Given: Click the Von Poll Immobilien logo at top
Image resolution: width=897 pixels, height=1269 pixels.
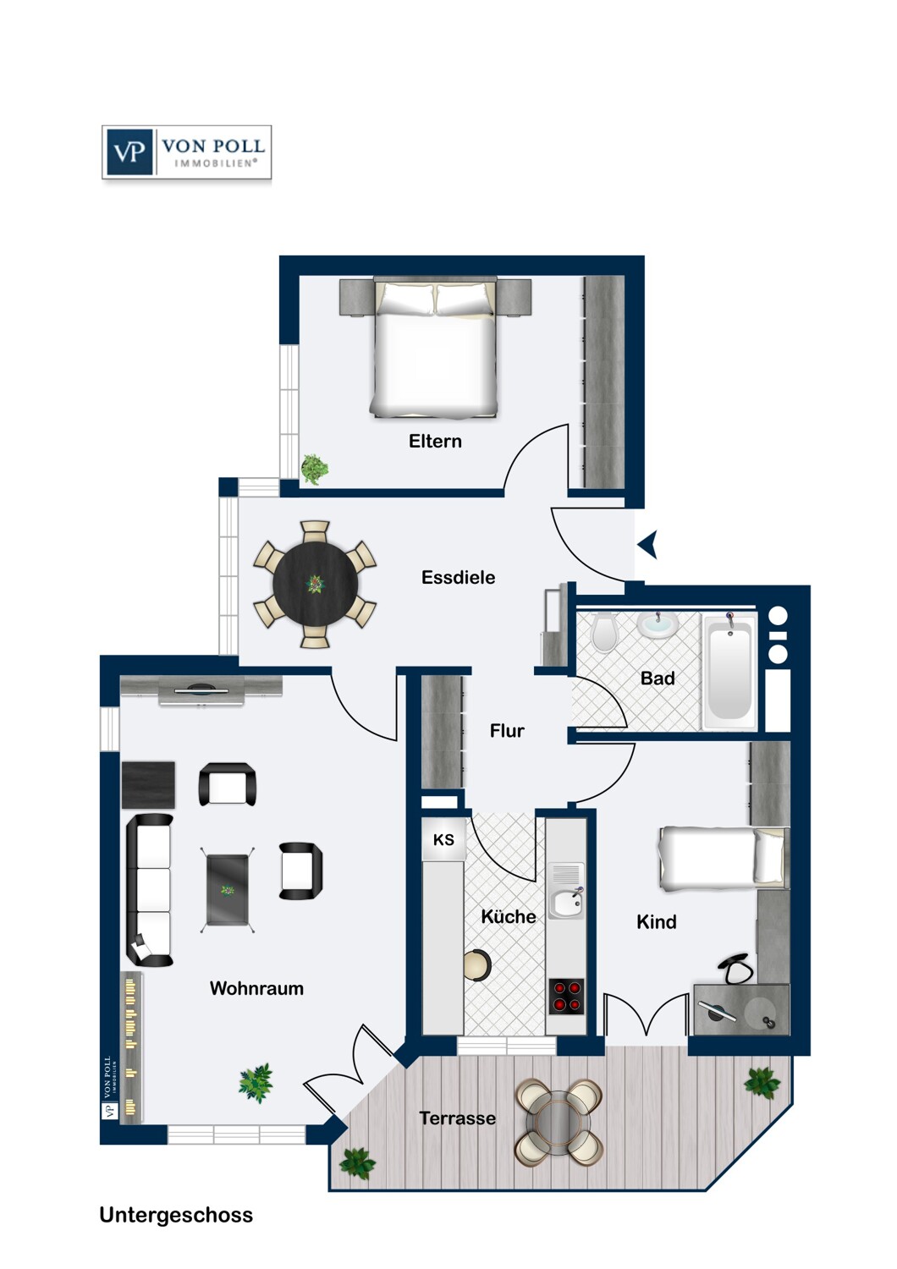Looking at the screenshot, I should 186,152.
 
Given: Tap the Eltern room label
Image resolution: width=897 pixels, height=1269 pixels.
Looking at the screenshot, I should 435,441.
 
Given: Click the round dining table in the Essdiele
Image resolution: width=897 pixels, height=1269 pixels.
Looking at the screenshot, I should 315,584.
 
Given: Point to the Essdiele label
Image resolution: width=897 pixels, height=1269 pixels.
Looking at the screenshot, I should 458,578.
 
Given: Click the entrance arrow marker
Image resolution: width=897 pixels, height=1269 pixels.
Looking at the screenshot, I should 648,545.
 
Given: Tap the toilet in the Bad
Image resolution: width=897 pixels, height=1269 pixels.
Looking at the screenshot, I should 604,631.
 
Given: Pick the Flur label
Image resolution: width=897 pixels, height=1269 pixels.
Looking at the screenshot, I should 507,731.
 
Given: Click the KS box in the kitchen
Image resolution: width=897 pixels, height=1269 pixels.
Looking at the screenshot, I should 443,840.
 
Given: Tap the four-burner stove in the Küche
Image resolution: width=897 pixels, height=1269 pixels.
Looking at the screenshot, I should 566,996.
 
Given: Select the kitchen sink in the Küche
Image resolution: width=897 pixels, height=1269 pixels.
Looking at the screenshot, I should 565,902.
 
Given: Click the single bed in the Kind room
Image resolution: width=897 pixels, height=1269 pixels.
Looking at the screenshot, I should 721,858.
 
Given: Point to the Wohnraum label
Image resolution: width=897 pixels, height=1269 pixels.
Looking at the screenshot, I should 256,988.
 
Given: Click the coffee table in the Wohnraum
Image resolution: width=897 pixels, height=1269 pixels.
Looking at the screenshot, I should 228,890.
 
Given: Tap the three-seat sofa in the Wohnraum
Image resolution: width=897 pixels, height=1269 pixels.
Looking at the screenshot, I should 150,890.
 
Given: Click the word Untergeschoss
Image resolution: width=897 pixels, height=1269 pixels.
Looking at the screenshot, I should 176,1215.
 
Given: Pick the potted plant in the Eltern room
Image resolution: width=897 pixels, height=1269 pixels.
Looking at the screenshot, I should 315,469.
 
